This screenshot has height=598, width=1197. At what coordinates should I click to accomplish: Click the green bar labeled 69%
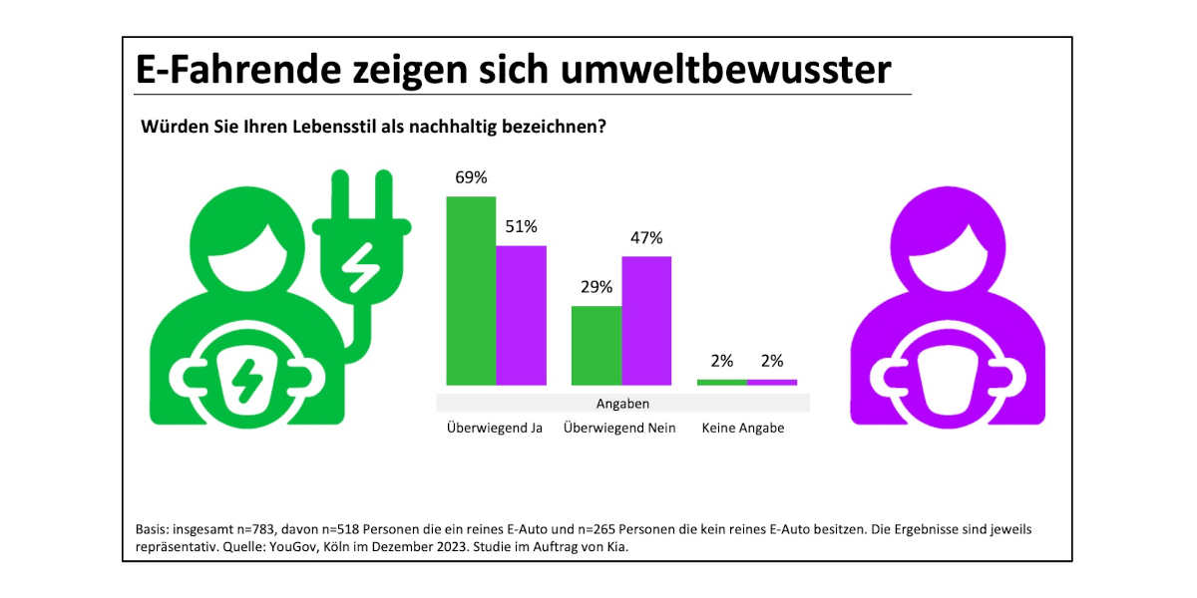(471, 290)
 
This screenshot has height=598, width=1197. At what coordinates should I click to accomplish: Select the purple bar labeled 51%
(521, 315)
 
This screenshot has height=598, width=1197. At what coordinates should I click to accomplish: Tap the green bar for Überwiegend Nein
(596, 345)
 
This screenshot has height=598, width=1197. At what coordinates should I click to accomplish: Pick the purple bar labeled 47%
(646, 320)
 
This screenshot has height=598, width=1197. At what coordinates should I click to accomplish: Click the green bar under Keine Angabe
(721, 382)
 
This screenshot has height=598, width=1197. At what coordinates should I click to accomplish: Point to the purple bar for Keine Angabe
(772, 382)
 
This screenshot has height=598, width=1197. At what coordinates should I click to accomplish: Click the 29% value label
(596, 287)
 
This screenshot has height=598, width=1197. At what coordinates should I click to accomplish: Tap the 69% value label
(471, 177)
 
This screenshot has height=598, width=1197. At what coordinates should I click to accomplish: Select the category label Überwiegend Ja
(495, 429)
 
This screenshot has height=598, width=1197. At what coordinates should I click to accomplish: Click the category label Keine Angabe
(743, 429)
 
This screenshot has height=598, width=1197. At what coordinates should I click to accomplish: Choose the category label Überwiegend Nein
(619, 429)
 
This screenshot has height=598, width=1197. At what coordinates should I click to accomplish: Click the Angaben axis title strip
(622, 404)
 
